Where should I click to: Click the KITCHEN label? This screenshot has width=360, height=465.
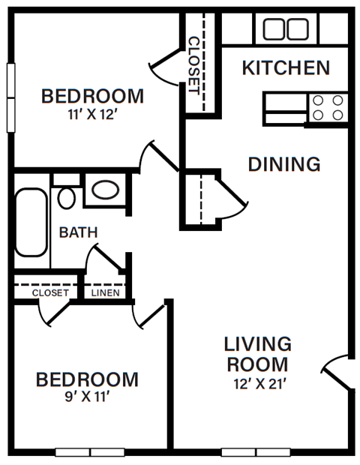[286, 68]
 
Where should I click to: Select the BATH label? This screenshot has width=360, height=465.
[78, 232]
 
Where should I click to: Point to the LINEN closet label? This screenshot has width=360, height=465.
[105, 292]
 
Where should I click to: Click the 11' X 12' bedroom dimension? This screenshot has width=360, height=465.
[92, 116]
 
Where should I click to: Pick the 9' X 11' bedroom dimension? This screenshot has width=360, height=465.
[87, 397]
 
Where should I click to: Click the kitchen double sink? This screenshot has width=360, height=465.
[285, 29]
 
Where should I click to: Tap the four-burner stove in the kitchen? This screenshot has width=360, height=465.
[328, 107]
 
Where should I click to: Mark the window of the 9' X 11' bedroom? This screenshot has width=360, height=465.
[90, 452]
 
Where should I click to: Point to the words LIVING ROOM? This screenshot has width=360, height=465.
[257, 354]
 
